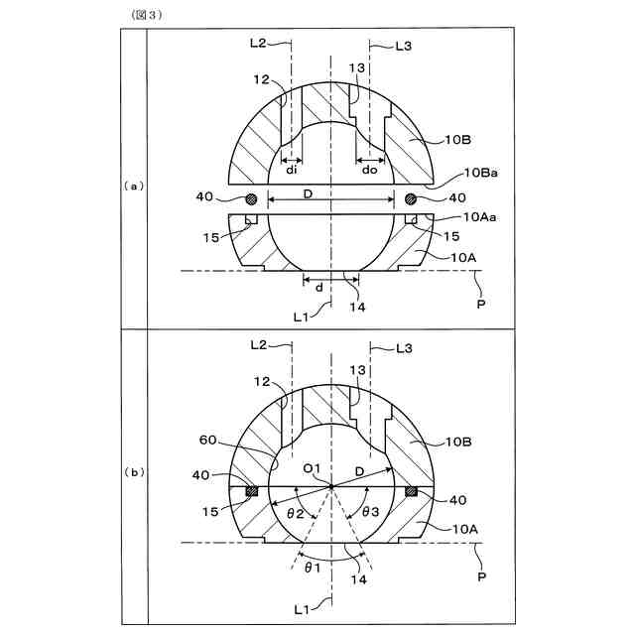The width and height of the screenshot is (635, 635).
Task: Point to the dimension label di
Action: coord(291,169)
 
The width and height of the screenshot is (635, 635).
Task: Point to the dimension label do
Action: coord(369,169)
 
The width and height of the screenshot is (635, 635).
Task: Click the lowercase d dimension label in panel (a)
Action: coord(317,288)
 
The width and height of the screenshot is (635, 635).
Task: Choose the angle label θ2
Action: coord(295,514)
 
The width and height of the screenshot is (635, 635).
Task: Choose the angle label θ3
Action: coord(369,513)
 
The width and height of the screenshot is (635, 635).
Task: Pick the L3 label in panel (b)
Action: coord(403,349)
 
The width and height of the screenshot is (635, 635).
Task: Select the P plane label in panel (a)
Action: coord(480,303)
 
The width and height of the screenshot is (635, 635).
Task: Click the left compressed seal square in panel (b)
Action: coord(251,491)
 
